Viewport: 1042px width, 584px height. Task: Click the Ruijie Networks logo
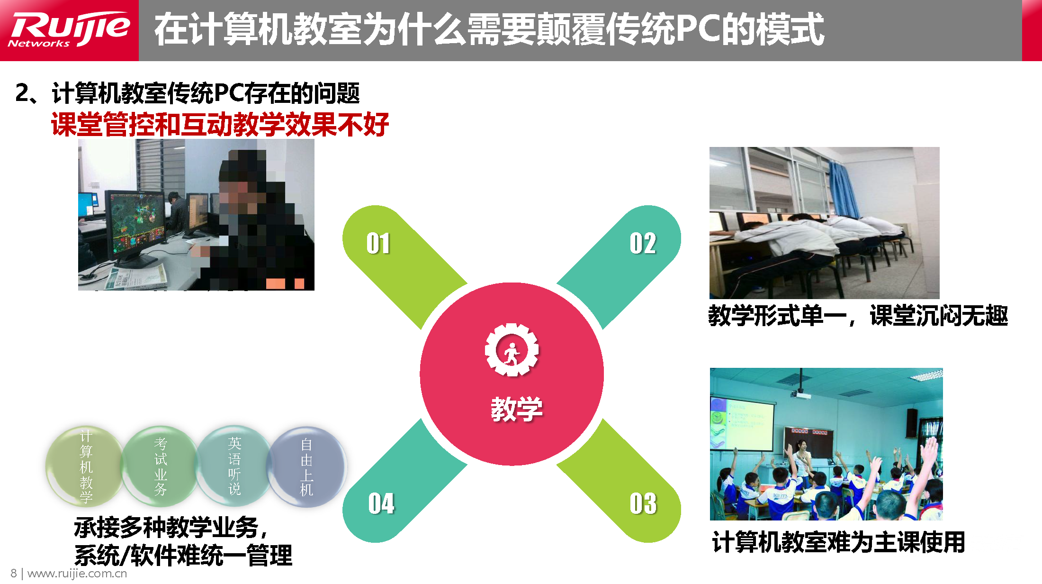click(69, 29)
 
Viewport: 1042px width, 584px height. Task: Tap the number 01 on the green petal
click(378, 244)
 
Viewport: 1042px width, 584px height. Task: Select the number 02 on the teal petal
click(643, 244)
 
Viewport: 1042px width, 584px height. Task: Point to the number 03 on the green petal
click(643, 503)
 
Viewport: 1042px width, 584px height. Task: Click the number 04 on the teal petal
click(381, 503)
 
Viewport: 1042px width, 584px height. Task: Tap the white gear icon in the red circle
click(512, 350)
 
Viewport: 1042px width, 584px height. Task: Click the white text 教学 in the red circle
click(516, 409)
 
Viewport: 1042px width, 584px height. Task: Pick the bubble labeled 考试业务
click(161, 466)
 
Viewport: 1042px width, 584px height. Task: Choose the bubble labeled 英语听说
click(234, 466)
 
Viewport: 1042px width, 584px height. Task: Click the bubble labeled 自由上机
click(307, 466)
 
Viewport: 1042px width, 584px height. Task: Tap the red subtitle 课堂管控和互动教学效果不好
click(220, 124)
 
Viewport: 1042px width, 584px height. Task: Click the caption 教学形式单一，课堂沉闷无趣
click(858, 315)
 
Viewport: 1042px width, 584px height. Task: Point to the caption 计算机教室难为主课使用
click(838, 542)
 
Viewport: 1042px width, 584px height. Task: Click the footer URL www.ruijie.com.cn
click(77, 574)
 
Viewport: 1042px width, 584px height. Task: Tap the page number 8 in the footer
click(14, 574)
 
